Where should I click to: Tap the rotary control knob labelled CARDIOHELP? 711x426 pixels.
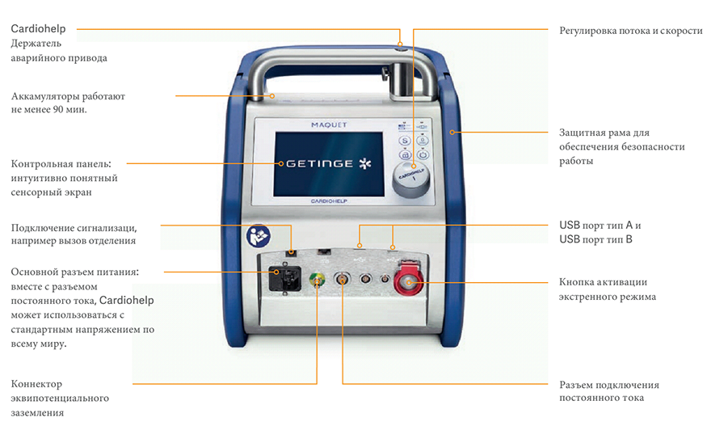(x=410, y=179)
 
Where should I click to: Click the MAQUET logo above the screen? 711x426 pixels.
(x=329, y=124)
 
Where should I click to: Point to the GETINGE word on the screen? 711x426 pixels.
(x=320, y=164)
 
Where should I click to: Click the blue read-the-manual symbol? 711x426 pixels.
(x=258, y=236)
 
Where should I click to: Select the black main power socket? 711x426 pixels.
(x=284, y=279)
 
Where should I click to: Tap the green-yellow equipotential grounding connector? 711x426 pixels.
(x=317, y=280)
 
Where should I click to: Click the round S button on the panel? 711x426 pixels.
(x=405, y=141)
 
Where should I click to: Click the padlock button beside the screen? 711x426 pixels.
(x=422, y=141)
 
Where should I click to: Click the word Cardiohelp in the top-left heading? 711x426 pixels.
(x=38, y=28)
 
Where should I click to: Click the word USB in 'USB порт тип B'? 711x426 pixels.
(x=570, y=239)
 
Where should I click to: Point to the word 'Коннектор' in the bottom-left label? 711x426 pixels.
(x=36, y=384)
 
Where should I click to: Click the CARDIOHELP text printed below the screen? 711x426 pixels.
(x=329, y=201)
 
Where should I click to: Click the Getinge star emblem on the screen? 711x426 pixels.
(x=365, y=164)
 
